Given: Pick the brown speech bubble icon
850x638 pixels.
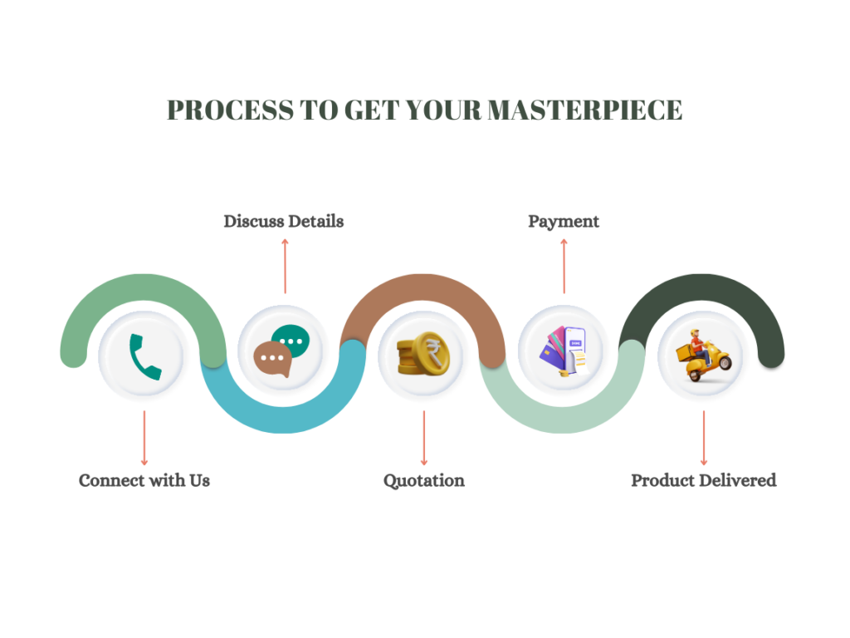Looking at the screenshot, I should click(x=272, y=360).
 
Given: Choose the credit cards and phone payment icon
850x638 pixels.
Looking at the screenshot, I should click(x=564, y=352).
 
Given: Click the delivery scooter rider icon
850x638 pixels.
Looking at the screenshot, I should click(x=703, y=355).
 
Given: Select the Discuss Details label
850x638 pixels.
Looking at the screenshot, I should click(x=284, y=221).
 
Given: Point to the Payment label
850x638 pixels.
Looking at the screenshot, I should click(x=564, y=221).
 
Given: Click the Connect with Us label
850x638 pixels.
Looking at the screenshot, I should click(x=144, y=480).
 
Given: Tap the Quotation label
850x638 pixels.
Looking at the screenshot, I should click(x=424, y=480).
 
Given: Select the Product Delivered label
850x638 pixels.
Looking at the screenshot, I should click(x=704, y=480).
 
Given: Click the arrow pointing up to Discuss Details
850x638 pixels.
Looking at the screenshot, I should click(x=285, y=266).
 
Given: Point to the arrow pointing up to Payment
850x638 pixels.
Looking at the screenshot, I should click(x=564, y=266).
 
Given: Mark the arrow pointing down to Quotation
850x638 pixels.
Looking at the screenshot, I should click(x=424, y=438).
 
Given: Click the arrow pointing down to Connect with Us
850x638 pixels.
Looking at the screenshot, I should click(x=144, y=438).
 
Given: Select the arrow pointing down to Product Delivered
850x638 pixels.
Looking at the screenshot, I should click(x=704, y=438).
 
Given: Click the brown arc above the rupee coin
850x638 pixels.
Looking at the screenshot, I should click(x=424, y=287).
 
